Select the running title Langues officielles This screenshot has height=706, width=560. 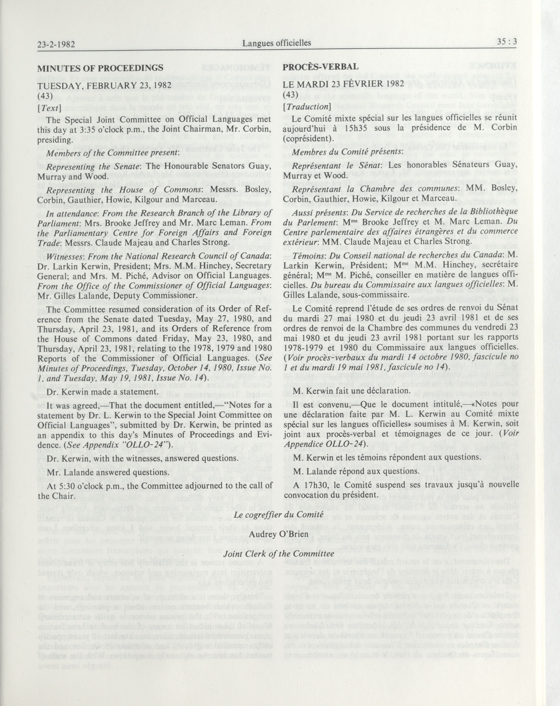coord(277,43)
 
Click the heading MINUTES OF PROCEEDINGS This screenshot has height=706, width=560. coord(100,68)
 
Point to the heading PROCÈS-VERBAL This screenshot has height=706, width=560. coord(321,67)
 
